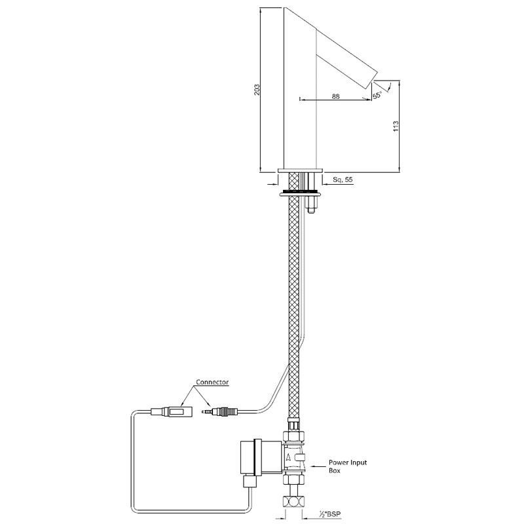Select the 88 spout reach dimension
click(x=335, y=96)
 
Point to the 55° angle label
click(x=377, y=96)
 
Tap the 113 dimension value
click(x=396, y=126)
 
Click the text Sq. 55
click(x=344, y=179)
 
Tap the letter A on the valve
click(x=290, y=458)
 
